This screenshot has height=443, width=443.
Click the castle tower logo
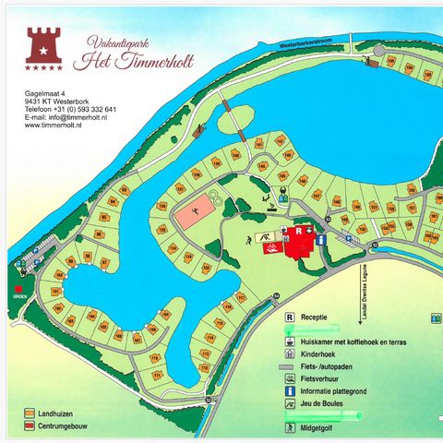tap(43, 44)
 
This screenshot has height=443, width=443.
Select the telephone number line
tap(70, 109)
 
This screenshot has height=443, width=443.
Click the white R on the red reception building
tap(299, 231)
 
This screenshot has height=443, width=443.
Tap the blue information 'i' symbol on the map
tap(319, 239)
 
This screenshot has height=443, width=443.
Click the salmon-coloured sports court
tap(190, 215)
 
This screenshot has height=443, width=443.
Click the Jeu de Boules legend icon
tap(291, 402)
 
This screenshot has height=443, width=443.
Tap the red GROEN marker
tap(16, 288)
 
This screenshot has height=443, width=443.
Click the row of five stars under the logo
tap(43, 66)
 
